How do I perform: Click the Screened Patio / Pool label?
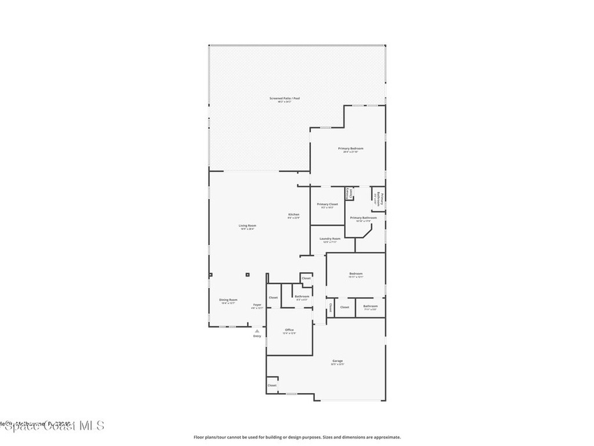(284, 99)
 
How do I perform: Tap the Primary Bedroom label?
(350, 149)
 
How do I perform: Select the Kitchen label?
(294, 215)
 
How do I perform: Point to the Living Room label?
(247, 226)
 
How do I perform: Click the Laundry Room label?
(329, 239)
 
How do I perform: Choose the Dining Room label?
(228, 300)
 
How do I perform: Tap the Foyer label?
(257, 305)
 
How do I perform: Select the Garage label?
(338, 361)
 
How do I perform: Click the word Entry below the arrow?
(257, 336)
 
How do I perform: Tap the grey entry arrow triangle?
(257, 331)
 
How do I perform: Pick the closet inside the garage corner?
(272, 386)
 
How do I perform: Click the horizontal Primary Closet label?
(327, 204)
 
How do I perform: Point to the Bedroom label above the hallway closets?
(356, 274)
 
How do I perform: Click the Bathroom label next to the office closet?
(302, 297)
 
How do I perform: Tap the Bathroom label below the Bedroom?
(370, 306)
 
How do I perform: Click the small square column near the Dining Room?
(247, 275)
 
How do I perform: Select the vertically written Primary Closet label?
(349, 193)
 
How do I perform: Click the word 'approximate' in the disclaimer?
(385, 437)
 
